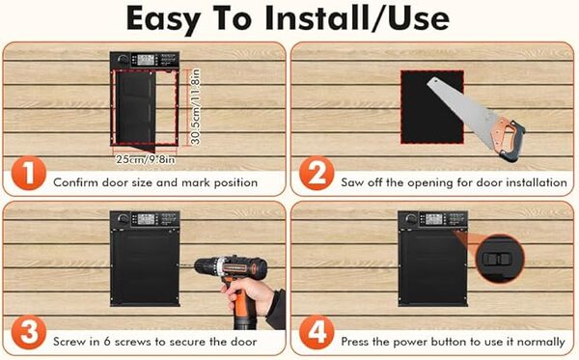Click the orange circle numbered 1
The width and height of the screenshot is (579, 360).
coord(28,176)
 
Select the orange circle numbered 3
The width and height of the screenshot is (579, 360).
coord(28,334)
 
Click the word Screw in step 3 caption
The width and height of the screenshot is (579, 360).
coord(71,340)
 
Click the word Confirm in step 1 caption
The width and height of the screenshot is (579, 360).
coord(77,181)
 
